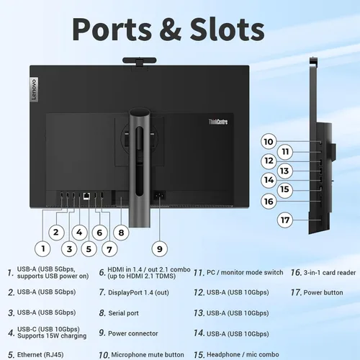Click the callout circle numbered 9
(x=160, y=249)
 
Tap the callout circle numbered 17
(x=285, y=220)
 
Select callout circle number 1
(x=42, y=248)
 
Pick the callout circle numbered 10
(x=269, y=141)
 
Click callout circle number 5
(x=89, y=249)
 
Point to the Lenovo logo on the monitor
(x=34, y=89)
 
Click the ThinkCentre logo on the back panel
(x=218, y=122)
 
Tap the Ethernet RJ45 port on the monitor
(x=86, y=196)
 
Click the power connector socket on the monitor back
(x=159, y=196)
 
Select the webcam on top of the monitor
(x=140, y=61)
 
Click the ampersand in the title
(x=170, y=30)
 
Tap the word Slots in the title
(x=227, y=30)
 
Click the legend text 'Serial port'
(x=123, y=313)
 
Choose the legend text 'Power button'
(x=323, y=292)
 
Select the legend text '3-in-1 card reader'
(x=330, y=273)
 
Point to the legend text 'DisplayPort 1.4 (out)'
(x=138, y=292)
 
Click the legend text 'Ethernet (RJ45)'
(x=40, y=354)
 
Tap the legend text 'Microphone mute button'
(x=148, y=354)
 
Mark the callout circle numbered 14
(x=269, y=180)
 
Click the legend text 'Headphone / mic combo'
(x=243, y=354)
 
